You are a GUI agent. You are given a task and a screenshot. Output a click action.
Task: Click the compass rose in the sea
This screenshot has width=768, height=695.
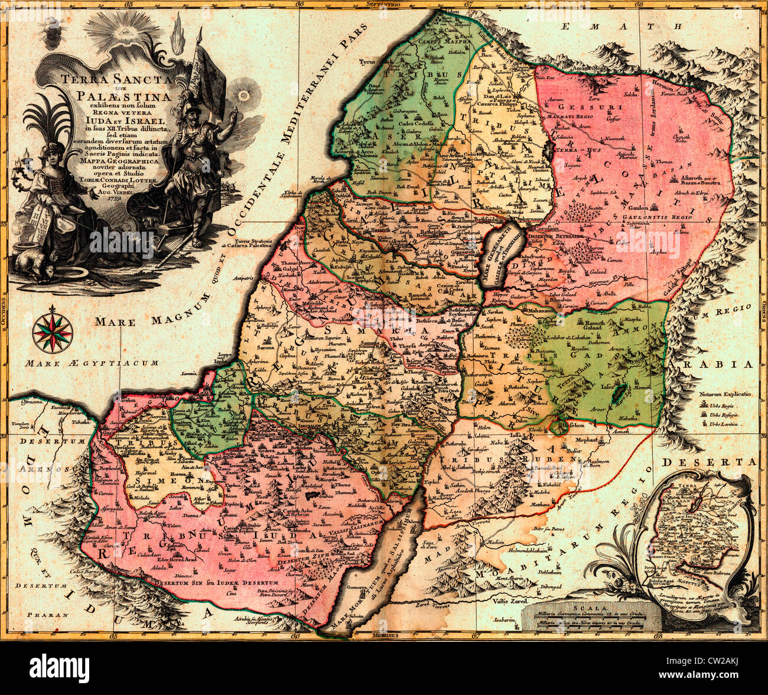point(53,332)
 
